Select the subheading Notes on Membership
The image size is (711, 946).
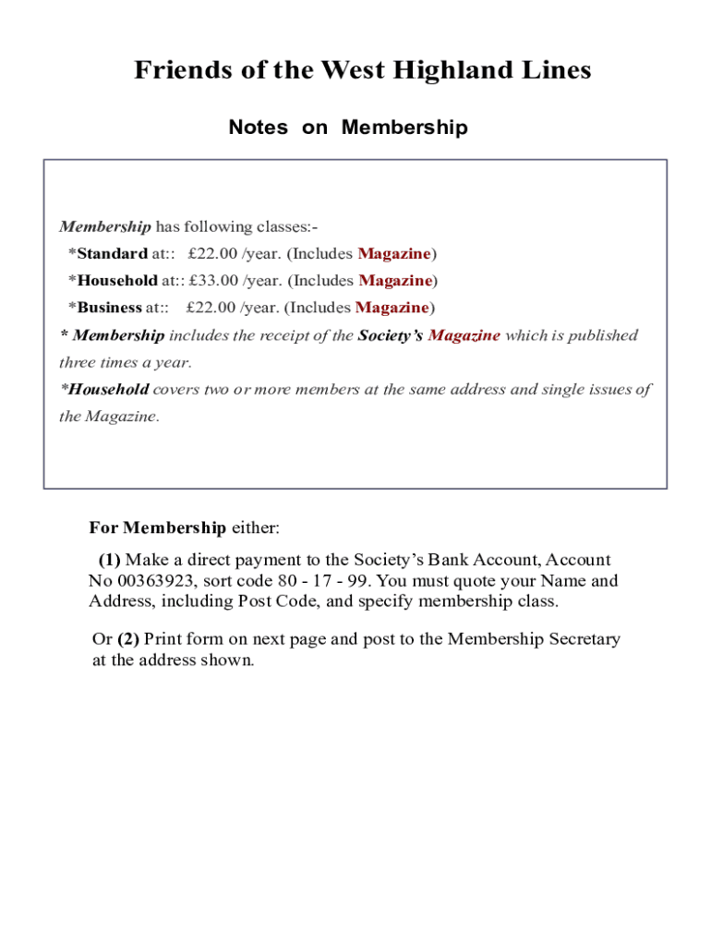[x=348, y=127]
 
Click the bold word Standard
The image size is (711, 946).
[x=112, y=254]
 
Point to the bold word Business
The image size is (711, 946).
[x=110, y=308]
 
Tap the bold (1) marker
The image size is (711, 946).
[x=110, y=560]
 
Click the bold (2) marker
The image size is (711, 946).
[x=128, y=639]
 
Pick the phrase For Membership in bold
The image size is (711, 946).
[x=157, y=528]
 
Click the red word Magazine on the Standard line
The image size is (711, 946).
[x=394, y=254]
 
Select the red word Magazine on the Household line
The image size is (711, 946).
[x=395, y=281]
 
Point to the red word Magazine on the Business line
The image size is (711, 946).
[x=392, y=308]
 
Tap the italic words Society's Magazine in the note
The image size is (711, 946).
[x=429, y=335]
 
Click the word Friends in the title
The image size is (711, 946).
[x=181, y=70]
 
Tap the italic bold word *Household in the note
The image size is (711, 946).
[x=104, y=389]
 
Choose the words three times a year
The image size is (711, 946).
[x=125, y=362]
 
